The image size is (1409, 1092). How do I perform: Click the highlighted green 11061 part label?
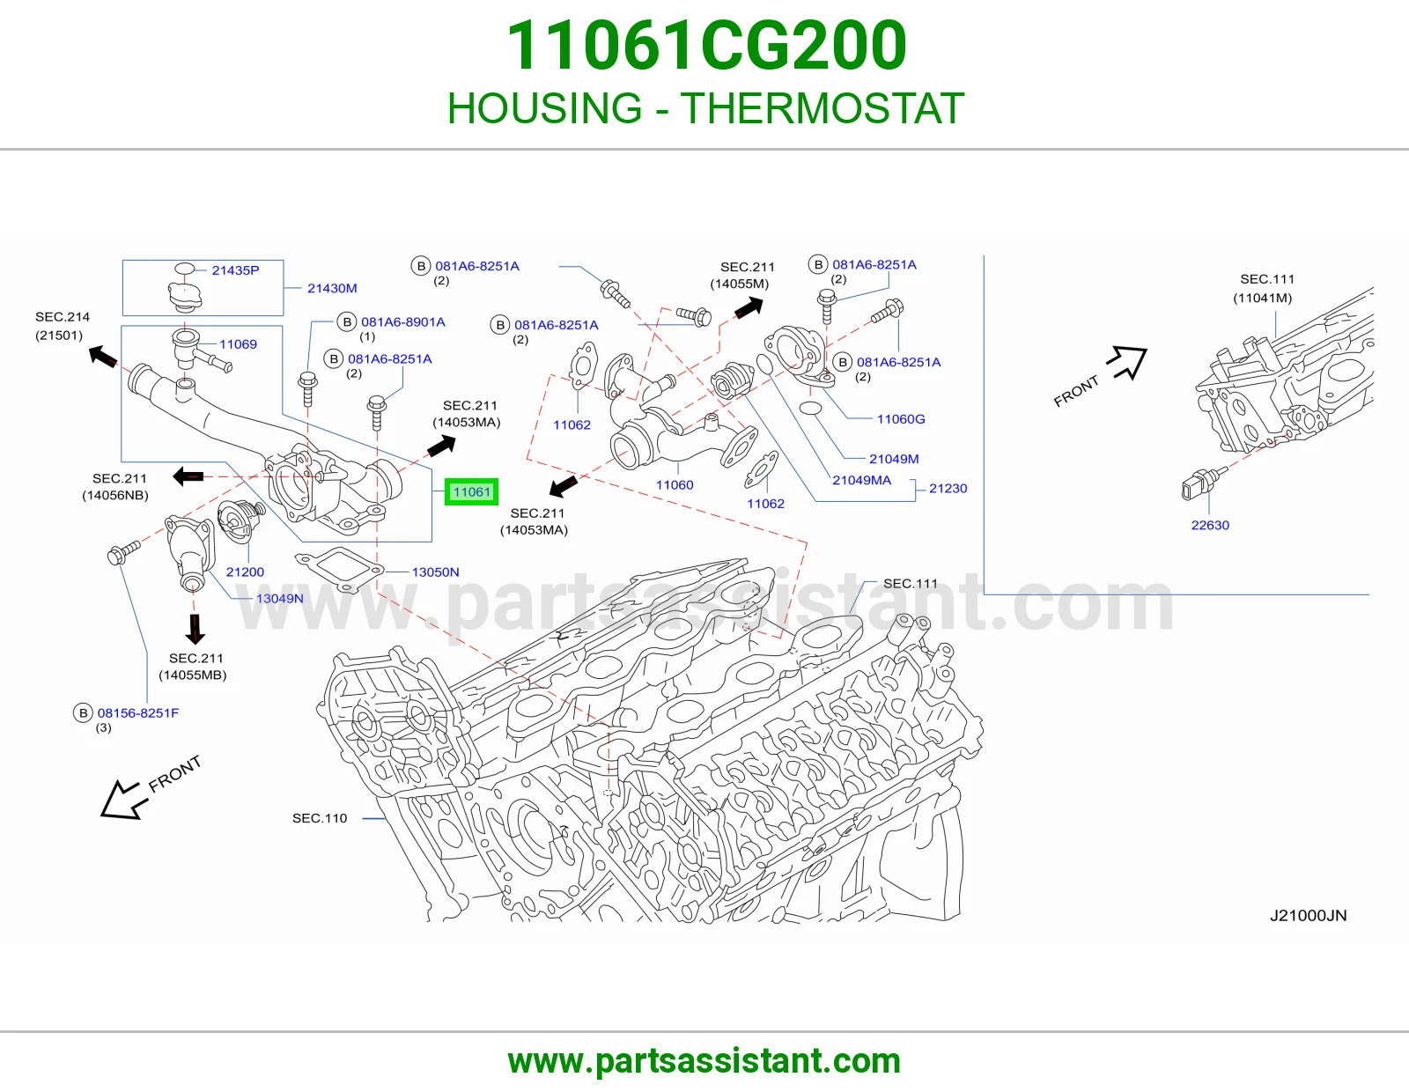coord(471,491)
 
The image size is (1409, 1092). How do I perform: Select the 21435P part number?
coord(235,270)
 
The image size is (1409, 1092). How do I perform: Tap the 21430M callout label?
coord(332,288)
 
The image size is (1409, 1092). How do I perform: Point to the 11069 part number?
coord(238,343)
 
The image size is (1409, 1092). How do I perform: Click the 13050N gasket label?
coord(435,572)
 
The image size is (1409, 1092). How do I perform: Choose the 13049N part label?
coord(279,598)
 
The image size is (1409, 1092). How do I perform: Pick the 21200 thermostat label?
coord(245,572)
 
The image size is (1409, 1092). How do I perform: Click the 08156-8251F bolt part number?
coord(138,712)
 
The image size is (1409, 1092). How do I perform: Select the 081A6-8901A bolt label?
coord(403,321)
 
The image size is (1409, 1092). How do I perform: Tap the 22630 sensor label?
coord(1210,525)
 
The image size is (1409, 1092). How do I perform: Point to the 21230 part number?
coord(948,488)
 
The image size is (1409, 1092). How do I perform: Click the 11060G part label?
coord(901,419)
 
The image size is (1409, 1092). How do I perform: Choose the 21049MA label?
coord(862,480)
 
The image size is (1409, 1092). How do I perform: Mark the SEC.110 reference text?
coord(320,818)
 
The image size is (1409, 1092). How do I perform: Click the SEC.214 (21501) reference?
coord(63,326)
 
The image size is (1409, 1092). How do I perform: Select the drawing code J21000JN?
coord(1309,916)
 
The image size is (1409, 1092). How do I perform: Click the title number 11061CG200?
coord(706,45)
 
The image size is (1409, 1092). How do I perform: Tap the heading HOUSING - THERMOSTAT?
coord(705,107)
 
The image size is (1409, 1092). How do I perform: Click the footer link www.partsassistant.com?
coord(704,1061)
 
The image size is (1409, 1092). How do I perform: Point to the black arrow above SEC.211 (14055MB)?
coord(195,629)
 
